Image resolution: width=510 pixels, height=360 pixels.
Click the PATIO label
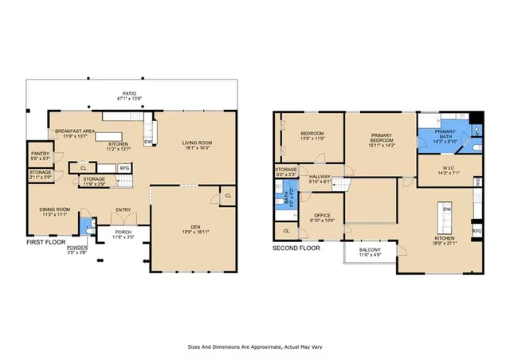pos(129,93)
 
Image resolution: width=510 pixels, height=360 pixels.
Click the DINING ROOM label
pos(55,209)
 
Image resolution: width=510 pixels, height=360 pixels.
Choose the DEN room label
pos(194,228)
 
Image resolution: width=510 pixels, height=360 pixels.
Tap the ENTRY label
pos(124,210)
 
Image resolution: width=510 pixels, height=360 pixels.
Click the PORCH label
pos(124,232)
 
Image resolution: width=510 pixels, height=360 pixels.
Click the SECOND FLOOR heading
pos(296,248)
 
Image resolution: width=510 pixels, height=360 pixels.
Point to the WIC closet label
pos(446,167)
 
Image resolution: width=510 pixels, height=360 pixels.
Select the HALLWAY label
pos(320,176)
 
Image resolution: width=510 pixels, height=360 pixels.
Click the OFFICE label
pos(323,214)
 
